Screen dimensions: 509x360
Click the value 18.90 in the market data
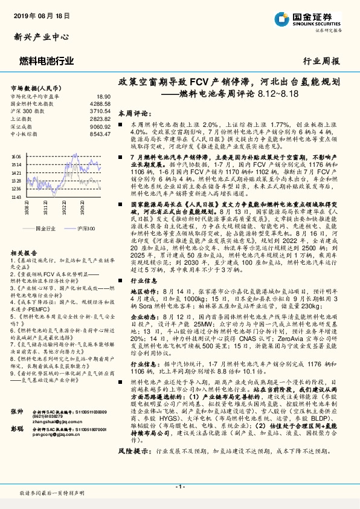click(x=103, y=96)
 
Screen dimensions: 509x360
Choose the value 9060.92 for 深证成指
click(x=100, y=126)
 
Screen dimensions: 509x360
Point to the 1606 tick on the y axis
click(x=16, y=156)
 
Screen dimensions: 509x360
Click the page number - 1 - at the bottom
click(x=179, y=487)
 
